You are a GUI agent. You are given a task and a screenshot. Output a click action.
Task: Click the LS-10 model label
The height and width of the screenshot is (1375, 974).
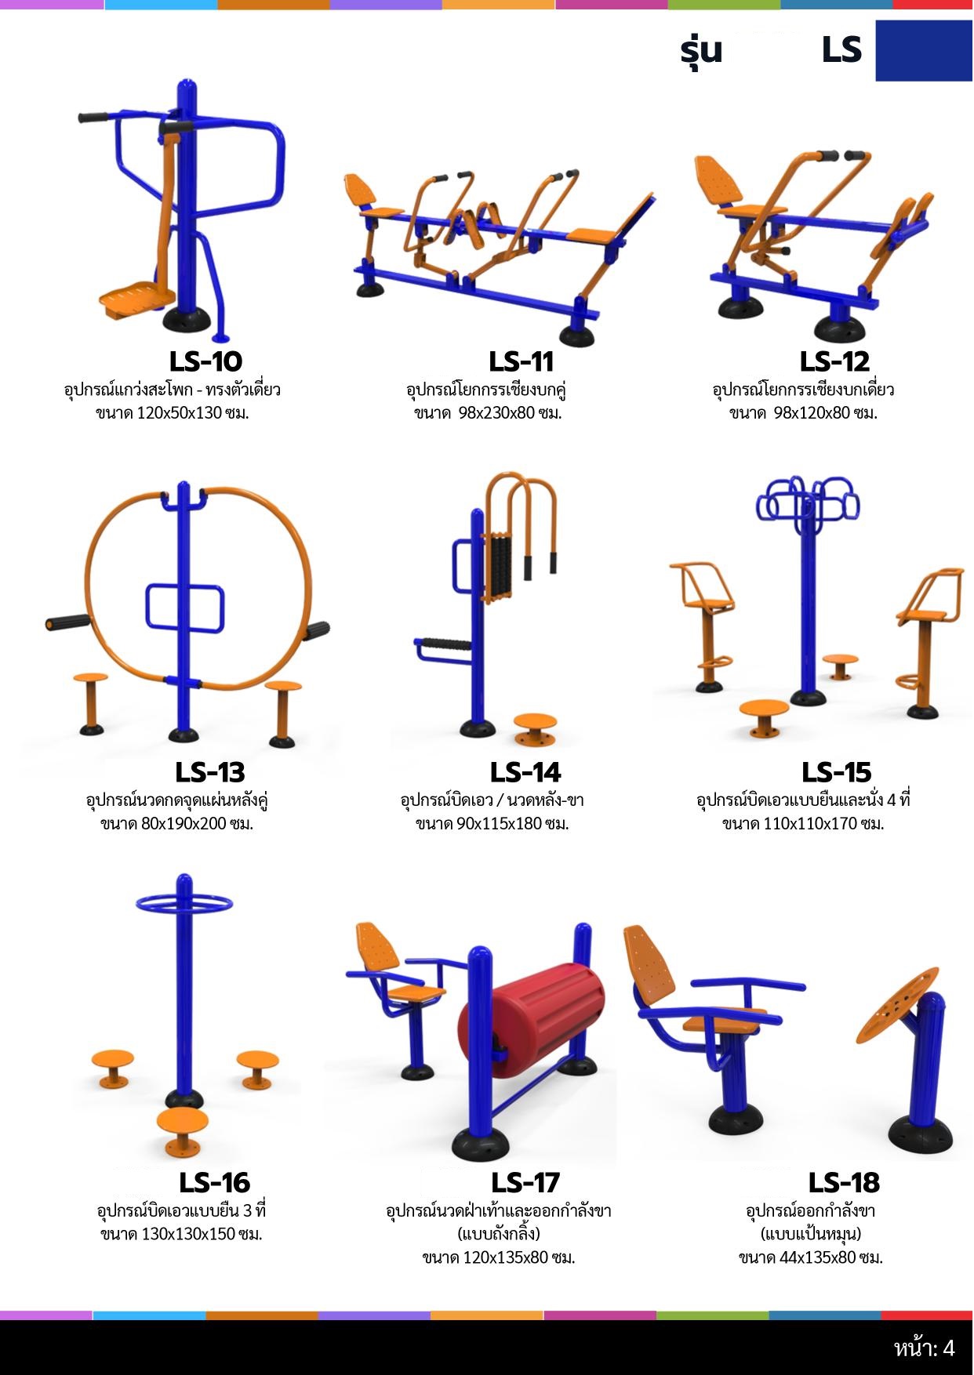(x=205, y=361)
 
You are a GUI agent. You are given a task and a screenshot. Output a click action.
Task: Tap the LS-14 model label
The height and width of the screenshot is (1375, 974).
(x=525, y=772)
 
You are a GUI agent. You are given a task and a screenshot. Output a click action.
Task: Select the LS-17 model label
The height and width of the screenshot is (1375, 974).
(x=525, y=1182)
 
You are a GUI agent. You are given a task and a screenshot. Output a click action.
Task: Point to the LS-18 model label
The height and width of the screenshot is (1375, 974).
(x=844, y=1182)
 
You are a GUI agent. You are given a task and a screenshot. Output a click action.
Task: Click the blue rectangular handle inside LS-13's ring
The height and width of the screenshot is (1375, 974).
(x=185, y=608)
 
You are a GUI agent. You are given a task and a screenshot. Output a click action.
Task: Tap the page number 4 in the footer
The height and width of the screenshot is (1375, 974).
(x=948, y=1348)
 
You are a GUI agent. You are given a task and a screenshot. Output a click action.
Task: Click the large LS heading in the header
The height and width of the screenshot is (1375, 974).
(x=841, y=50)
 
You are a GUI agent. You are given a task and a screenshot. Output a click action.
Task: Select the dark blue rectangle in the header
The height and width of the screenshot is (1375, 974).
(x=924, y=50)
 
